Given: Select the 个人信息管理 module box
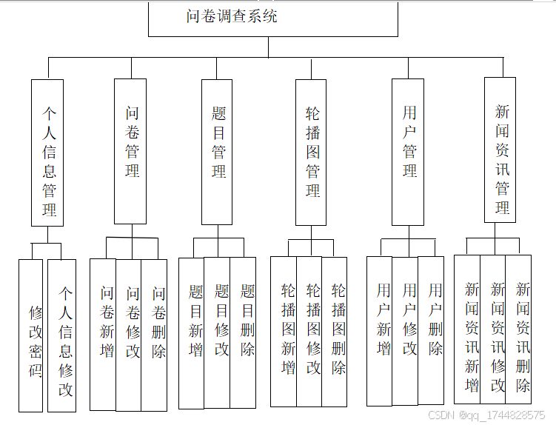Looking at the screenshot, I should click(x=47, y=152).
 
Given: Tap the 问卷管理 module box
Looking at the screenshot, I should click(x=131, y=151).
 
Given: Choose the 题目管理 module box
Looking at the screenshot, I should click(x=217, y=151).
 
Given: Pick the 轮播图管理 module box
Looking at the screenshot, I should click(x=311, y=151).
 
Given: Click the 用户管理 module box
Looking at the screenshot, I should click(x=408, y=151).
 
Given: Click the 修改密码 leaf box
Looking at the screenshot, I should click(x=31, y=335).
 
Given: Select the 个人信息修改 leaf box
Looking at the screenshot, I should click(x=62, y=335).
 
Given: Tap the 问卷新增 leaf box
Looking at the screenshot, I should click(x=104, y=334).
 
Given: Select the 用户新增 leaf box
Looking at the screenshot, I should click(x=380, y=331).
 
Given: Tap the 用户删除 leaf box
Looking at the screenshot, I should click(x=432, y=331).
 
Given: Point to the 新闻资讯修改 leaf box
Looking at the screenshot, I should click(x=493, y=329).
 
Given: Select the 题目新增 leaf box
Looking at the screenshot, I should click(x=192, y=332).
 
